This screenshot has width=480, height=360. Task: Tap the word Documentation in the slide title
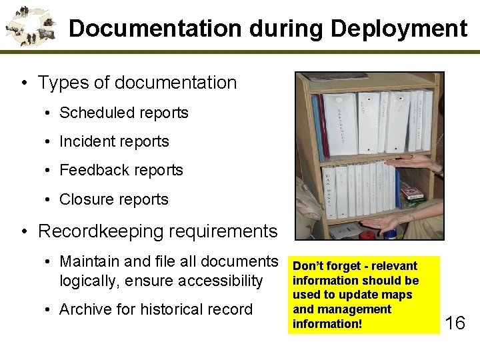[155, 29]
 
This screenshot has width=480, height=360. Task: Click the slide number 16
[455, 324]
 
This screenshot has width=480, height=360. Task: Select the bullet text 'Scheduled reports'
[124, 113]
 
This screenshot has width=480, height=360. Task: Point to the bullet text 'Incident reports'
[114, 141]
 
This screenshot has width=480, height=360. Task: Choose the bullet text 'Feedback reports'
[121, 170]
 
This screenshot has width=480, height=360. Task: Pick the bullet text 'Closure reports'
[114, 199]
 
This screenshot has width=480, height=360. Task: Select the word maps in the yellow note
[399, 295]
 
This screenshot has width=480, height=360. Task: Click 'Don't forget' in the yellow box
[319, 266]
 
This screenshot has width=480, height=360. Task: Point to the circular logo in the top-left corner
[30, 25]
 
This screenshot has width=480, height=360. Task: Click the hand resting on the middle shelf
[414, 161]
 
